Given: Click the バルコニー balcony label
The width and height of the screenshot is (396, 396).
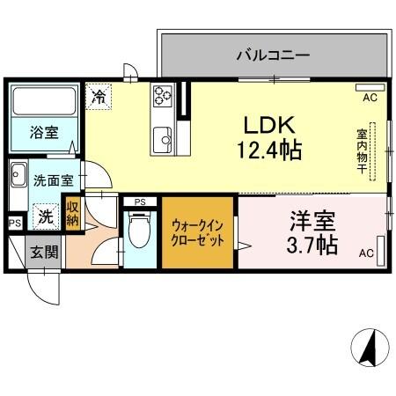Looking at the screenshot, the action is click(273, 55).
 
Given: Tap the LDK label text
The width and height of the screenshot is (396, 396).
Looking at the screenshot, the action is click(269, 126).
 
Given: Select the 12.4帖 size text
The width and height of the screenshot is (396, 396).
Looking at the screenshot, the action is click(269, 150).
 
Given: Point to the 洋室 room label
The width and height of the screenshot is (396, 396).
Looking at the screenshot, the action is click(312, 222).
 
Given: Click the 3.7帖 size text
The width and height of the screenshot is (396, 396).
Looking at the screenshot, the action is click(312, 245).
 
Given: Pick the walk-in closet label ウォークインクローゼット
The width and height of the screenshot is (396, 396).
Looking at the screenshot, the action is click(197, 233).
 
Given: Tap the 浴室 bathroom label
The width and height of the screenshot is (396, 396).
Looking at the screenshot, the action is click(44, 133).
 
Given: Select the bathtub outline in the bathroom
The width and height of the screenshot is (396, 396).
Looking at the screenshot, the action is click(44, 101).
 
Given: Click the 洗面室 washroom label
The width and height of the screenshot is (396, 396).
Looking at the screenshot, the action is click(54, 180).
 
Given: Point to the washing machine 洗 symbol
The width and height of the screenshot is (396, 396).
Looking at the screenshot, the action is click(46, 216).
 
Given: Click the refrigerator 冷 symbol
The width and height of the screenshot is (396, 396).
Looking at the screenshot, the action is click(99, 97).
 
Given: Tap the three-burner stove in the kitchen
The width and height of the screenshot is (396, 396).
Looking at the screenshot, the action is click(163, 95).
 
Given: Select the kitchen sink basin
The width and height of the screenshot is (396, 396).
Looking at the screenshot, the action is click(163, 140).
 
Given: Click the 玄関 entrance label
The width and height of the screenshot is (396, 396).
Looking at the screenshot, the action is click(45, 252).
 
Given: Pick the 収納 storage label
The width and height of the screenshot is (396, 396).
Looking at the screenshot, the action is click(72, 213).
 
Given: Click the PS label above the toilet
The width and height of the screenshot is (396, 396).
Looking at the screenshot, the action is click(140, 202).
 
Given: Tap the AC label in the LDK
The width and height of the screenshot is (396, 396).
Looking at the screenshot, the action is click(370, 98).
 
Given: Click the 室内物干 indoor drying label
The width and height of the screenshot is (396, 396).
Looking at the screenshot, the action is click(363, 151).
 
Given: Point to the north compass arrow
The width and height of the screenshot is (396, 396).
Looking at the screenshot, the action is click(370, 348).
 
